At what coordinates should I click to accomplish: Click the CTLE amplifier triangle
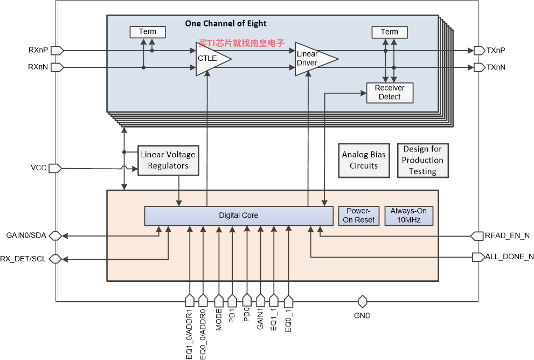point(211,59)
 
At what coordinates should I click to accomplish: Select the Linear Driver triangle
point(313,59)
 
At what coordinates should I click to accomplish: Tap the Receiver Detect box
point(390,93)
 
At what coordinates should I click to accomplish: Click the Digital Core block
point(239,216)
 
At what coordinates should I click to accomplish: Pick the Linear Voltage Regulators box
point(168,161)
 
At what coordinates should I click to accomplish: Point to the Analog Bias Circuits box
point(364,161)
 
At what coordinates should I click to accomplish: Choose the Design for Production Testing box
point(422,161)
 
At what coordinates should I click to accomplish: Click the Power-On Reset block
point(359,216)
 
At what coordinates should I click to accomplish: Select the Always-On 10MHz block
point(408,216)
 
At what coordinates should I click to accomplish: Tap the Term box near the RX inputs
point(148,32)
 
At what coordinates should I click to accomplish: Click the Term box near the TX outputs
point(390,32)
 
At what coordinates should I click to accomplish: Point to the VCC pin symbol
point(55,168)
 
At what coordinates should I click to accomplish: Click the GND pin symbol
point(362,301)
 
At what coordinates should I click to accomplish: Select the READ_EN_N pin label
point(507,236)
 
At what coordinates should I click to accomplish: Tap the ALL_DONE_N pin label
point(509,257)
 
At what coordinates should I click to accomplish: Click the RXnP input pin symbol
point(57,51)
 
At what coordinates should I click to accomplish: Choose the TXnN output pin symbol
point(480,67)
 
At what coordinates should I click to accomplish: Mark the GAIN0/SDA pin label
point(26,236)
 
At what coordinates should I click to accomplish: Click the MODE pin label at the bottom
point(219,320)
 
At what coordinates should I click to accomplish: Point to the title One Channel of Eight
point(226,24)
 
